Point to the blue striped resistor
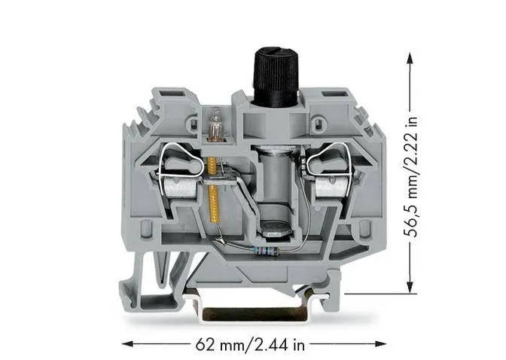267,251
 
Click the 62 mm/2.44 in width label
250,344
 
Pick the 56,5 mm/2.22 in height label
411,175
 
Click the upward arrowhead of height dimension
410,60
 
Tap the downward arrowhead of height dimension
410,285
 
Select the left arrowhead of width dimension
127,343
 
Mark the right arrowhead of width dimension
380,343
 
